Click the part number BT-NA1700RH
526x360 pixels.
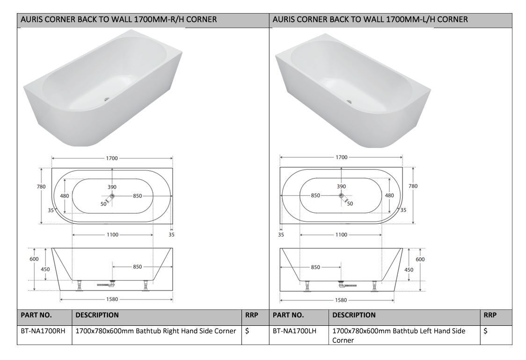43,331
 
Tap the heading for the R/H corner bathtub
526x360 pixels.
118,20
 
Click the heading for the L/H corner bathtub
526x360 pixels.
370,20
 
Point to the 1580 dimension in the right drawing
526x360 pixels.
341,300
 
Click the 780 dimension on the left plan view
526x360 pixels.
41,186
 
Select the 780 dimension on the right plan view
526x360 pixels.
413,186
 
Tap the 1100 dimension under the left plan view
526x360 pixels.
112,235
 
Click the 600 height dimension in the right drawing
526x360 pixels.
420,259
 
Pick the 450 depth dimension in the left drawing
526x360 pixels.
45,269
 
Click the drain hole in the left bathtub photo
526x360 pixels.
107,99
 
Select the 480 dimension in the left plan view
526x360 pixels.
64,196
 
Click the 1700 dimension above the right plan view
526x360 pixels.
341,157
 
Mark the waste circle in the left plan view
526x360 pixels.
112,196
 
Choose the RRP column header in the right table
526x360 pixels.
489,315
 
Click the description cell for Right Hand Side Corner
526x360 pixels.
155,331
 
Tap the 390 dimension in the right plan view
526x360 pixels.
341,186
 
